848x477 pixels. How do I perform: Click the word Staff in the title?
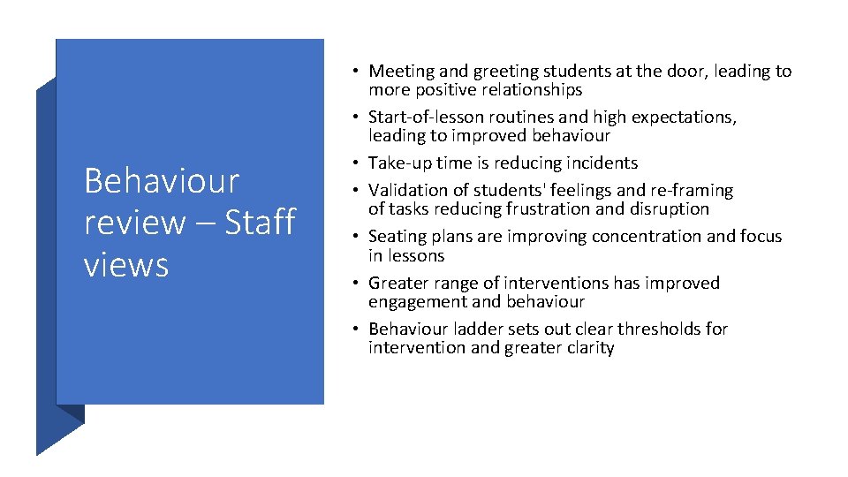pos(260,222)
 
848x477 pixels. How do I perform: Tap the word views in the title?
pos(126,263)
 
